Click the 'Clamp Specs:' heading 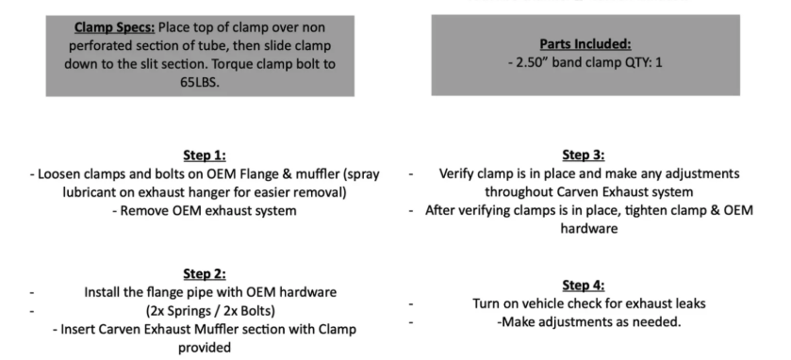pyautogui.click(x=114, y=27)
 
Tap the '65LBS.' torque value pyautogui.click(x=200, y=82)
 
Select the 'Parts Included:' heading pyautogui.click(x=585, y=44)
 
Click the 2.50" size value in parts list pyautogui.click(x=533, y=63)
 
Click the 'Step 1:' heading pyautogui.click(x=205, y=155)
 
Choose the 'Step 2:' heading pyautogui.click(x=205, y=274)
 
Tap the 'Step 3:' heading pyautogui.click(x=584, y=155)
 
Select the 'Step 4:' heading pyautogui.click(x=584, y=286)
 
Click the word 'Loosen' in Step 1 pyautogui.click(x=59, y=174)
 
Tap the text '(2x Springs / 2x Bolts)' pyautogui.click(x=210, y=311)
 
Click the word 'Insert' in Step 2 pyautogui.click(x=77, y=330)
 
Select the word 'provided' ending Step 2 pyautogui.click(x=205, y=348)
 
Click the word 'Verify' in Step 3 pyautogui.click(x=456, y=174)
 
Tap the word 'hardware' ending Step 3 pyautogui.click(x=588, y=229)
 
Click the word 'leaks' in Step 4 pyautogui.click(x=690, y=303)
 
